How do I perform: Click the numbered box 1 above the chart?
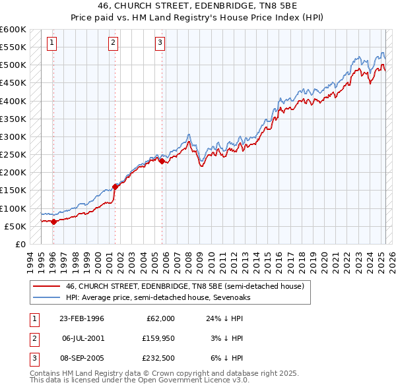pos(52,44)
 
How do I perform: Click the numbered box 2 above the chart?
pos(114,44)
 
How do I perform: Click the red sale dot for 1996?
pos(53,222)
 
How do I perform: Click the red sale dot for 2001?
pos(115,187)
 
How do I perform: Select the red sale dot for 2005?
pos(162,160)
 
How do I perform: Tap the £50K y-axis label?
pos(15,226)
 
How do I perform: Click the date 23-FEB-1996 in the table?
pos(82,318)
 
